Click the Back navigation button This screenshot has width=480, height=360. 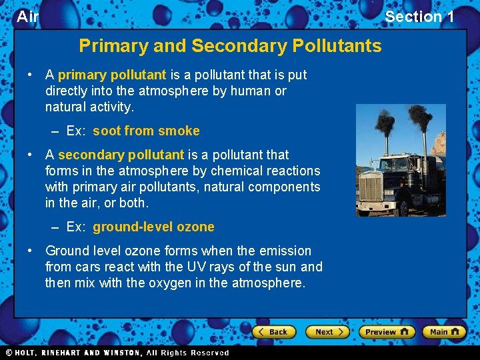[274, 331]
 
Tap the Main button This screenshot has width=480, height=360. [444, 331]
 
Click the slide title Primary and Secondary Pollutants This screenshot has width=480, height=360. [230, 46]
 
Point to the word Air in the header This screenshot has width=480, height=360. [27, 17]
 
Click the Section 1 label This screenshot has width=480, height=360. [419, 17]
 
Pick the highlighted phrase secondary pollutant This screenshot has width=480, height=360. [121, 155]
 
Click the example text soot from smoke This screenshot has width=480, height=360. [146, 131]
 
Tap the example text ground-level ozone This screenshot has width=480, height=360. [153, 227]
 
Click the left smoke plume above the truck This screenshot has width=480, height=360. [385, 130]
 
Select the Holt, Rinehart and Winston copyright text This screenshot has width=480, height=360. [117, 353]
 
